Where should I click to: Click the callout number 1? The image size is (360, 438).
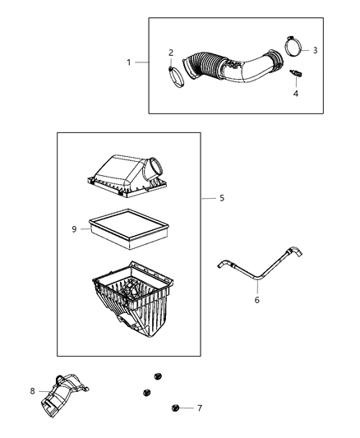[x=127, y=62]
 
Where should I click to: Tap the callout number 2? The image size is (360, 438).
[x=171, y=53]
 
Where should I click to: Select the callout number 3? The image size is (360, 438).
[x=315, y=50]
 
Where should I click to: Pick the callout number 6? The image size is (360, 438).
[x=256, y=302]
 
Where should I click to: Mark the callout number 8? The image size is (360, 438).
[x=33, y=391]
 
